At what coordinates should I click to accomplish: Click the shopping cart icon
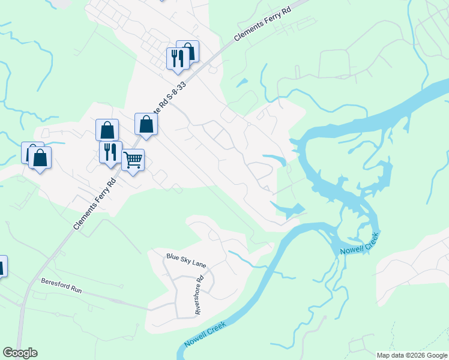[133, 160]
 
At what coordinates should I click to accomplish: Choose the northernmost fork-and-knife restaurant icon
[177, 58]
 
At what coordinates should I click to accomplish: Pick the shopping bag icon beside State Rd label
[146, 124]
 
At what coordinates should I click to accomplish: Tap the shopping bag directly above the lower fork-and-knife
[107, 130]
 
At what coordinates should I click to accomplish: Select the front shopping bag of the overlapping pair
[40, 158]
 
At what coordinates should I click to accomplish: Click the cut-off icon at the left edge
[2, 266]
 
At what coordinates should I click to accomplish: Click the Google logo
[20, 353]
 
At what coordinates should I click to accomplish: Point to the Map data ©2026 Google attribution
[411, 355]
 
